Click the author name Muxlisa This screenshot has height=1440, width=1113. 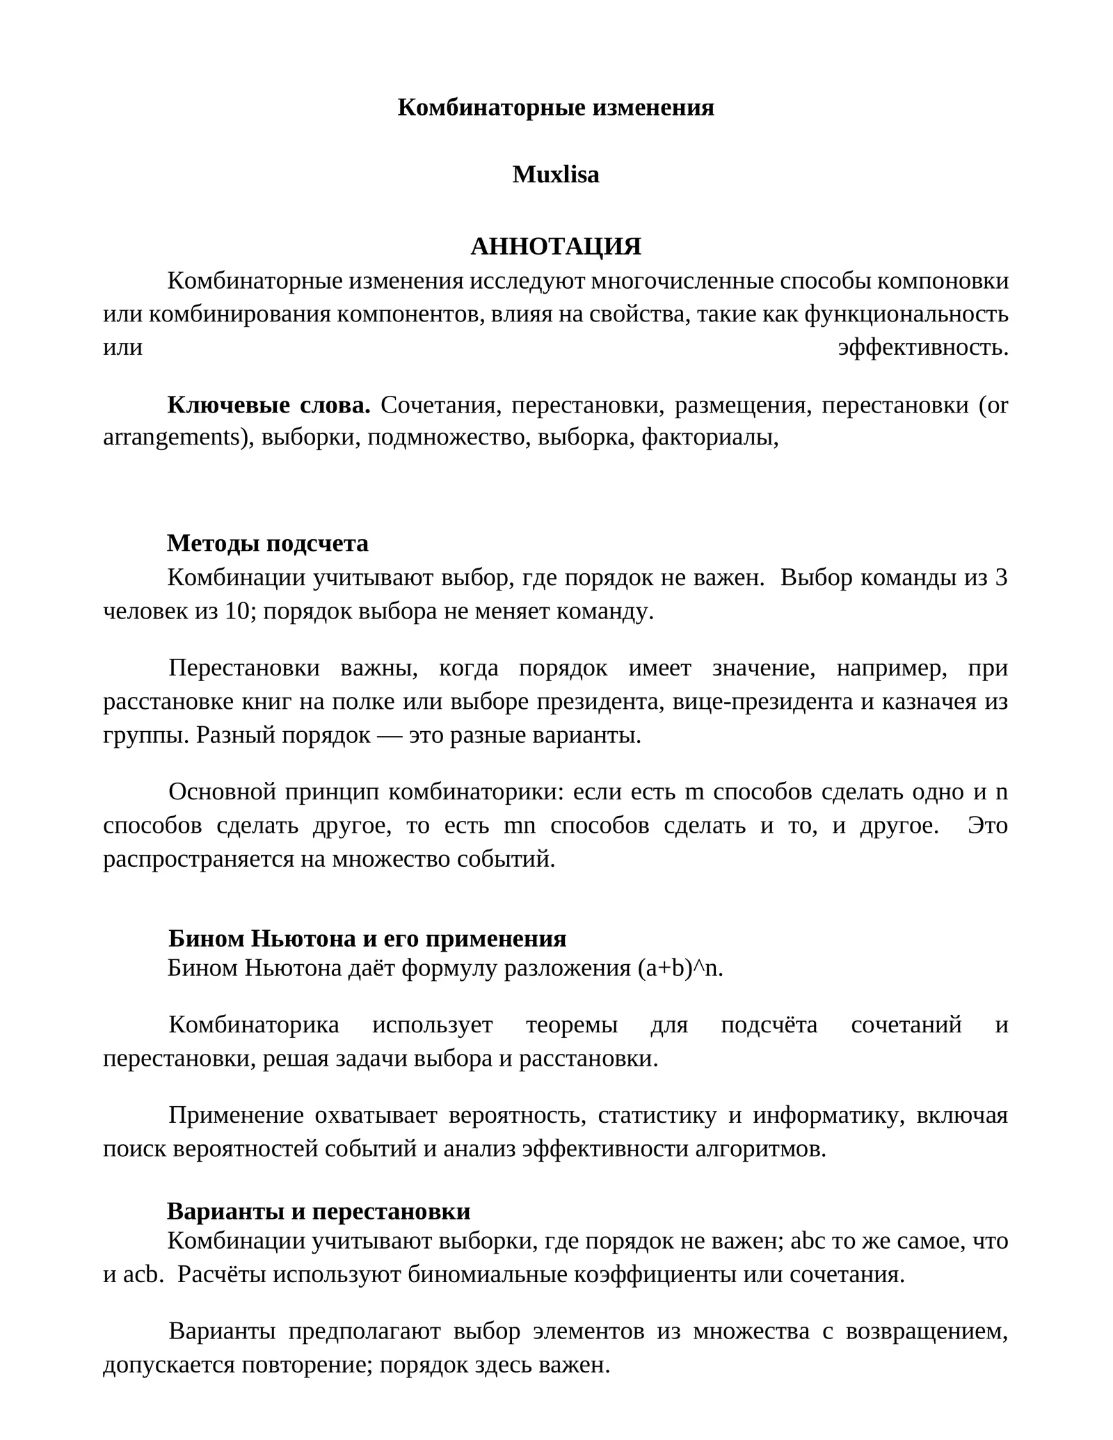555,175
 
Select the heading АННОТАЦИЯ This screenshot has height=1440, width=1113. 555,246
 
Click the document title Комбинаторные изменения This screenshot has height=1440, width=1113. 555,108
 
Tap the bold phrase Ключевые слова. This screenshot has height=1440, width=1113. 269,405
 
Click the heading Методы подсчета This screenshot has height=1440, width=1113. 268,543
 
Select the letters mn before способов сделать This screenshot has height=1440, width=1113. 520,826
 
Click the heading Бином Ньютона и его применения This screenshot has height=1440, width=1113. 367,939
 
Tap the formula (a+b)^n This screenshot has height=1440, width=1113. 680,968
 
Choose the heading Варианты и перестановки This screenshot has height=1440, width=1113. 319,1211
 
